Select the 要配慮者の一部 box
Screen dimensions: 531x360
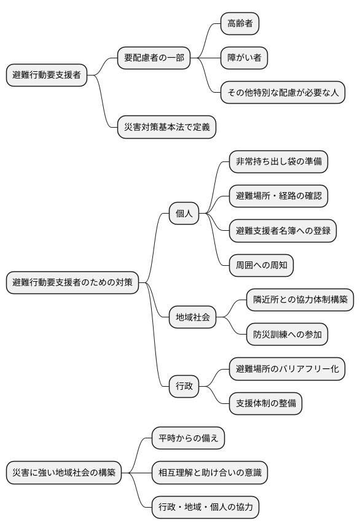pyautogui.click(x=154, y=58)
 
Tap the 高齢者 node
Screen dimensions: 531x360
pyautogui.click(x=240, y=24)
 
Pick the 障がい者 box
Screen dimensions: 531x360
pyautogui.click(x=245, y=58)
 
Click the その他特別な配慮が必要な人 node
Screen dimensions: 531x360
pyautogui.click(x=283, y=93)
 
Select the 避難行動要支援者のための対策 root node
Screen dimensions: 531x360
pyautogui.click(x=72, y=283)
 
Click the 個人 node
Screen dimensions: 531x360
pyautogui.click(x=184, y=214)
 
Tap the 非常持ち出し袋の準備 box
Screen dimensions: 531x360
pyautogui.click(x=278, y=162)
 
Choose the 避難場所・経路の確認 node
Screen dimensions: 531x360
pyautogui.click(x=278, y=196)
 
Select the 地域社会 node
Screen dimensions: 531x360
pyautogui.click(x=193, y=317)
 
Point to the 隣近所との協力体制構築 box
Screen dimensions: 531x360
pyautogui.click(x=300, y=300)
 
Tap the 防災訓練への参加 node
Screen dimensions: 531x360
pyautogui.click(x=287, y=335)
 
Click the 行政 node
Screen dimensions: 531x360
pyautogui.click(x=184, y=386)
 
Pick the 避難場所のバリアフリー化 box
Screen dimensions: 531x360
pyautogui.click(x=287, y=369)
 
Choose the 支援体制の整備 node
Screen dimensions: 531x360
pyautogui.click(x=265, y=403)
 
